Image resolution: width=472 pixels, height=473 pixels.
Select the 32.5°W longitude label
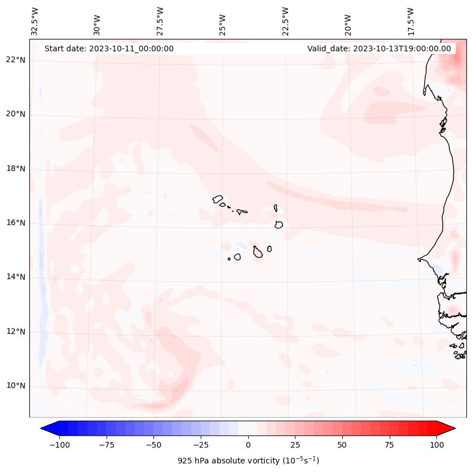[x=35, y=21]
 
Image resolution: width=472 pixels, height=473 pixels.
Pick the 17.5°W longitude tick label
[x=411, y=21]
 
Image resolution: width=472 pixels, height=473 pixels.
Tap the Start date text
[x=109, y=48]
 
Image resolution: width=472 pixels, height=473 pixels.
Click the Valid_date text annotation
[x=379, y=48]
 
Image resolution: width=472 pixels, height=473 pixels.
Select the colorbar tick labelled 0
[x=248, y=445]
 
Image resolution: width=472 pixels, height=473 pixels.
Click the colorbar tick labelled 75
[x=390, y=445]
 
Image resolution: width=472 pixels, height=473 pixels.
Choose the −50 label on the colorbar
[x=153, y=445]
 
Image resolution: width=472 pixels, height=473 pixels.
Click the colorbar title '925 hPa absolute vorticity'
[x=248, y=461]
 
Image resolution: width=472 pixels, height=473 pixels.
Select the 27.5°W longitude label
[x=160, y=21]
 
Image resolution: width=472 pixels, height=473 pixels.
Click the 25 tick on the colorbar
[x=295, y=445]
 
